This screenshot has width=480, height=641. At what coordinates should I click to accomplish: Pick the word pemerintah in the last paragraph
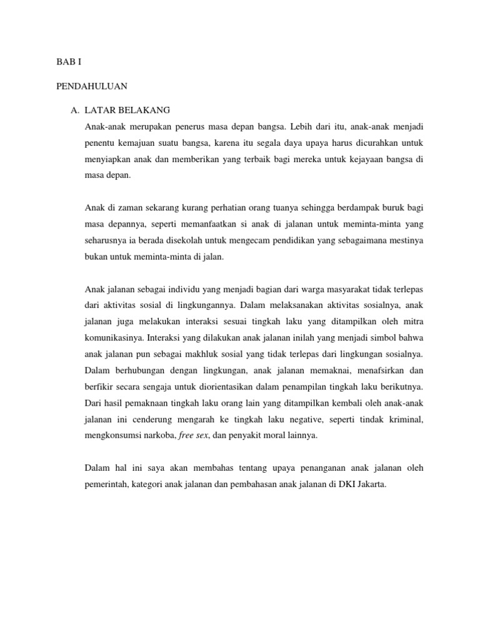pyautogui.click(x=106, y=483)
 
